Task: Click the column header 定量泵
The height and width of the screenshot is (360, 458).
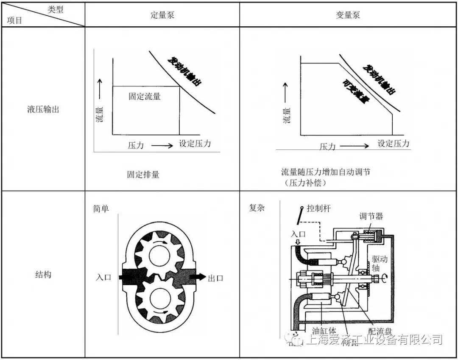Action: pyautogui.click(x=162, y=15)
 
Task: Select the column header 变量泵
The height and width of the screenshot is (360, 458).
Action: pyautogui.click(x=348, y=15)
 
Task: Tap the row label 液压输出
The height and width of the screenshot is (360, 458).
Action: pyautogui.click(x=43, y=109)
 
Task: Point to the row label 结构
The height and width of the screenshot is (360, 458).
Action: pyautogui.click(x=43, y=274)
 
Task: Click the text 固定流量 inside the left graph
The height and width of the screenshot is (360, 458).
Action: pyautogui.click(x=145, y=96)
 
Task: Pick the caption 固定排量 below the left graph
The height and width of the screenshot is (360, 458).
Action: pyautogui.click(x=143, y=174)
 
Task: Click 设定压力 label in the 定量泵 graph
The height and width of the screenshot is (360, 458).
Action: pyautogui.click(x=195, y=143)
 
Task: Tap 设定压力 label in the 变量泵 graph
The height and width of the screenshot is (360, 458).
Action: pyautogui.click(x=394, y=143)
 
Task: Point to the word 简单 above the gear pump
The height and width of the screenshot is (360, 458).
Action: pyautogui.click(x=101, y=209)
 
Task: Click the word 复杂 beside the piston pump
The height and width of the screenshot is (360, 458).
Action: pyautogui.click(x=257, y=208)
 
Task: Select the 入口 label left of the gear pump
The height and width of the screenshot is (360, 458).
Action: pyautogui.click(x=103, y=278)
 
